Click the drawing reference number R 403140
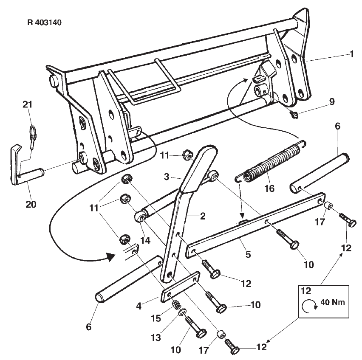click(x=45, y=22)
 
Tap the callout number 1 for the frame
click(x=352, y=54)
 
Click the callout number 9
click(x=332, y=101)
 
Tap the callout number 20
click(x=31, y=204)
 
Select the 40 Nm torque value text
click(x=333, y=302)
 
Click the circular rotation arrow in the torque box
click(x=307, y=307)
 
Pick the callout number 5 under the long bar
click(x=248, y=254)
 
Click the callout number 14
click(x=145, y=240)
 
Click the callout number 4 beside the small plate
click(x=139, y=306)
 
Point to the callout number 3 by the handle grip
click(x=167, y=177)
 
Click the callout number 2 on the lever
click(x=203, y=216)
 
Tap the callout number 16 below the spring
click(x=269, y=188)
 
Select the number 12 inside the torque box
click(x=306, y=291)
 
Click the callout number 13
click(x=156, y=337)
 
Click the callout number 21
click(x=28, y=105)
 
